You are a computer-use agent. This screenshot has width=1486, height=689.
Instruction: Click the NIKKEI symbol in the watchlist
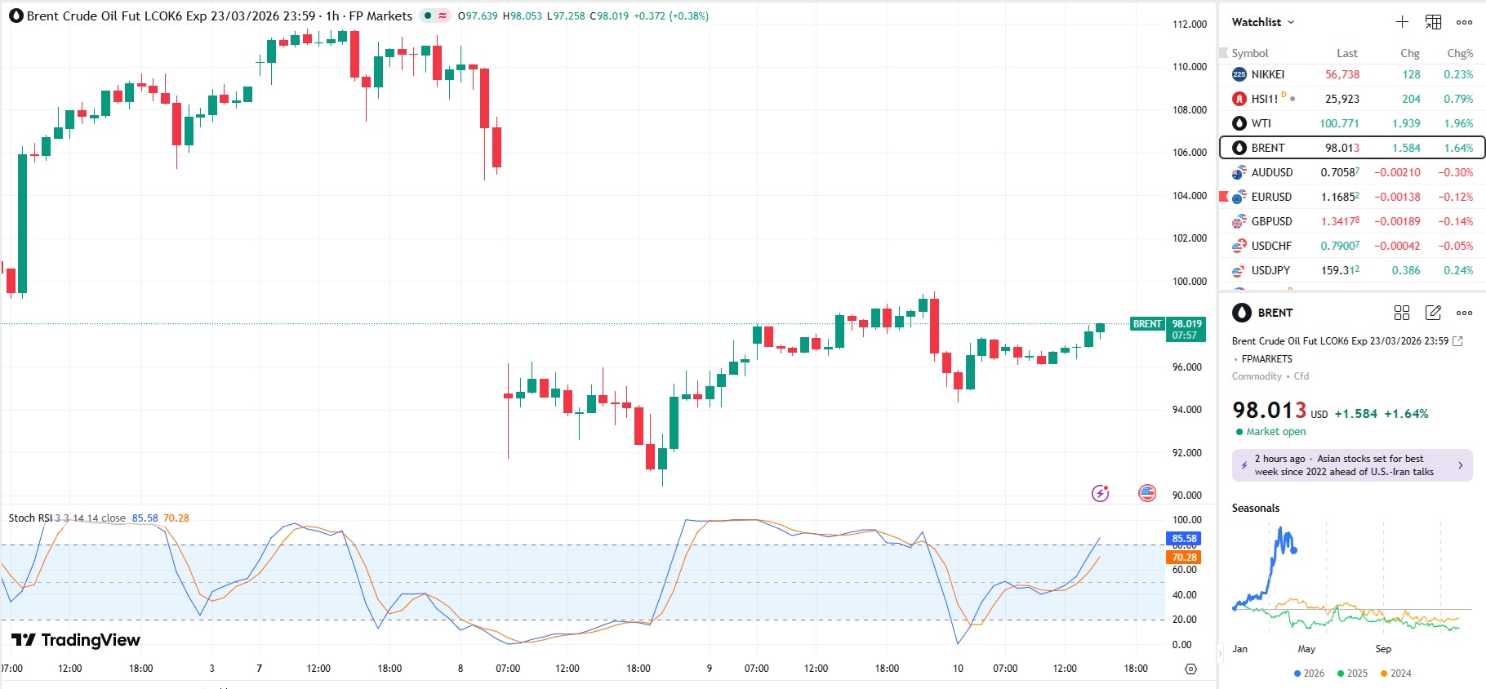coord(1267,74)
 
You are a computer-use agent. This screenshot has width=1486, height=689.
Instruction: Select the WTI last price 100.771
coord(1339,123)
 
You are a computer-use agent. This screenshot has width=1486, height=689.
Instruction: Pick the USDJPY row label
coord(1270,270)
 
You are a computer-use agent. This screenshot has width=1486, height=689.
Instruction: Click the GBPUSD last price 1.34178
coord(1340,221)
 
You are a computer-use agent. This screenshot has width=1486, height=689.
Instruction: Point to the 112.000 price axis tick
coord(1190,24)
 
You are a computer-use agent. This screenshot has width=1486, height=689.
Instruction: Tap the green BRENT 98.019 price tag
coord(1168,329)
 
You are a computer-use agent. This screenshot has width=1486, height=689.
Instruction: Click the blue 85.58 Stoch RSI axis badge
coord(1184,539)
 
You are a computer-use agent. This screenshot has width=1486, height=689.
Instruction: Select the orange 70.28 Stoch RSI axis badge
coord(1184,558)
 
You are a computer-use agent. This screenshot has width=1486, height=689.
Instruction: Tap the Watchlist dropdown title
coord(1262,22)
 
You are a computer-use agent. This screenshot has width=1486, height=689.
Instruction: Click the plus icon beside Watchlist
coord(1402,22)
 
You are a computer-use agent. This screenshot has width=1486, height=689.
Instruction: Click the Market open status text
coord(1275,432)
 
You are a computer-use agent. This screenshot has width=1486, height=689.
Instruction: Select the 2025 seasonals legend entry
coord(1352,673)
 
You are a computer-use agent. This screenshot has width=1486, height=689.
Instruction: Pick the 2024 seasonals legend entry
coord(1395,673)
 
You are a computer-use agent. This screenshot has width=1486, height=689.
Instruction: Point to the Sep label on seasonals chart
coord(1383,649)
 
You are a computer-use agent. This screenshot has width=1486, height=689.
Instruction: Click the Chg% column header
coord(1460,53)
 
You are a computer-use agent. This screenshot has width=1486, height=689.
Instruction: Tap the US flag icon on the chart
coord(1147,493)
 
